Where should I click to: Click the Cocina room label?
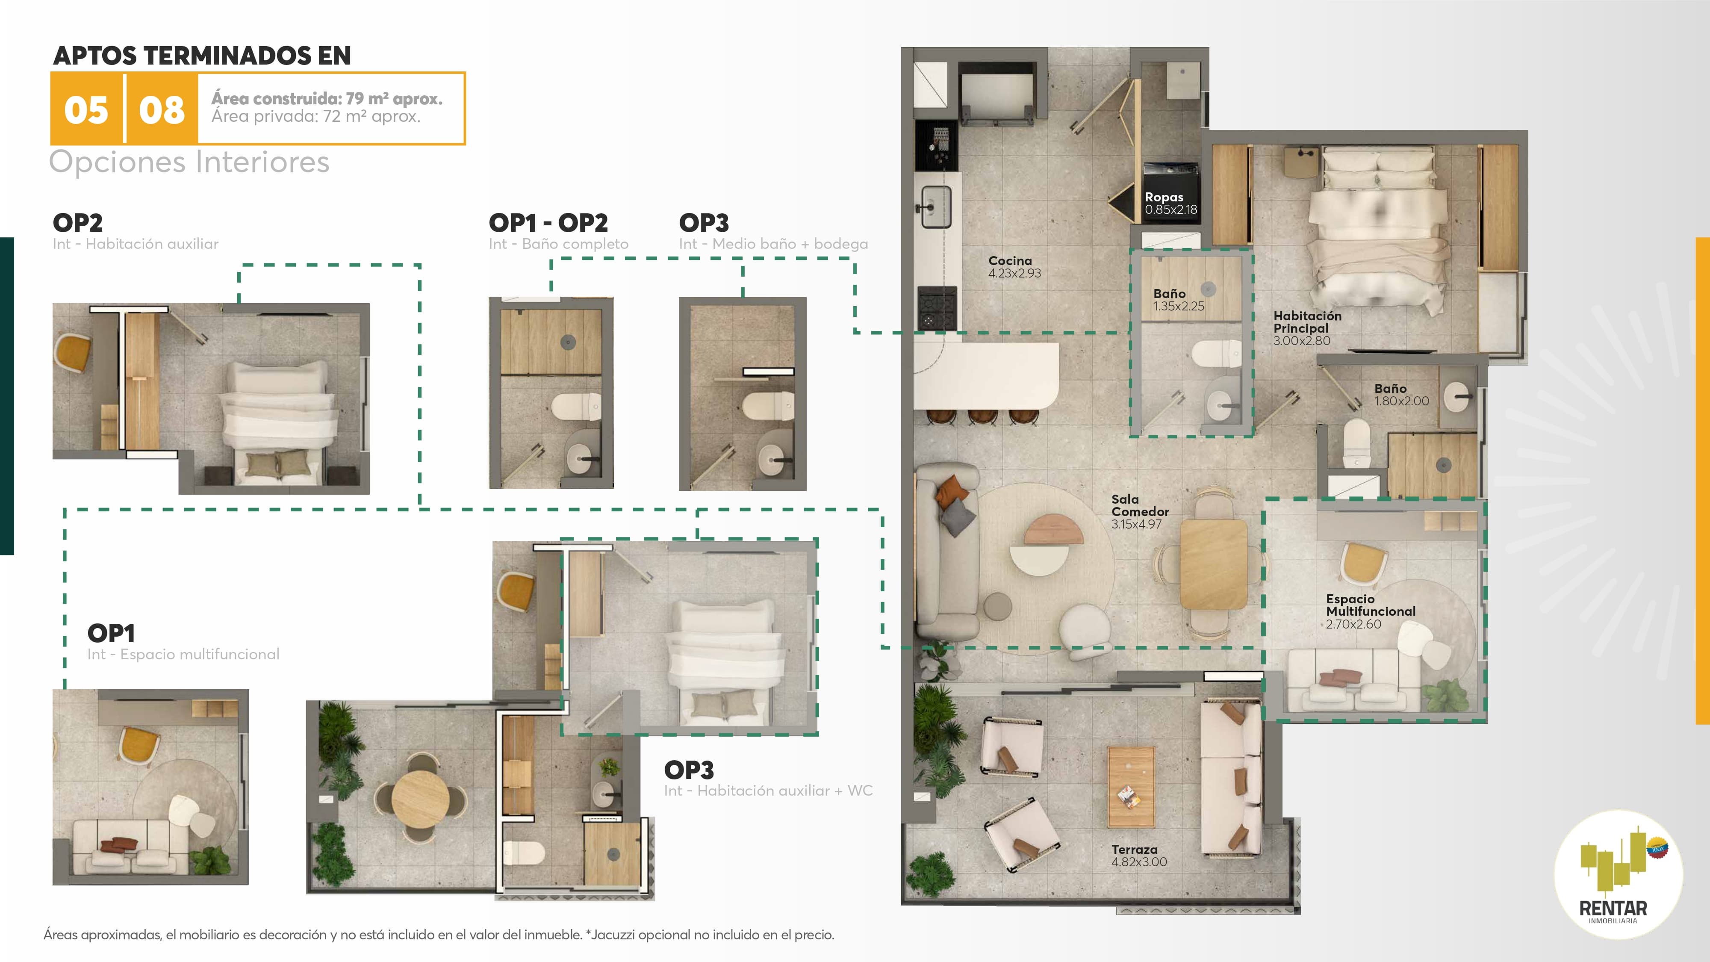click(x=1014, y=267)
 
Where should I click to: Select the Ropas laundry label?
click(x=1171, y=203)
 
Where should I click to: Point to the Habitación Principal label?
click(x=1307, y=328)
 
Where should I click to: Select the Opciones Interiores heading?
click(x=189, y=162)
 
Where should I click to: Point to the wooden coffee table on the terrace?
click(x=1131, y=787)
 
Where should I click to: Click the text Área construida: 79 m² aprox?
click(x=327, y=98)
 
